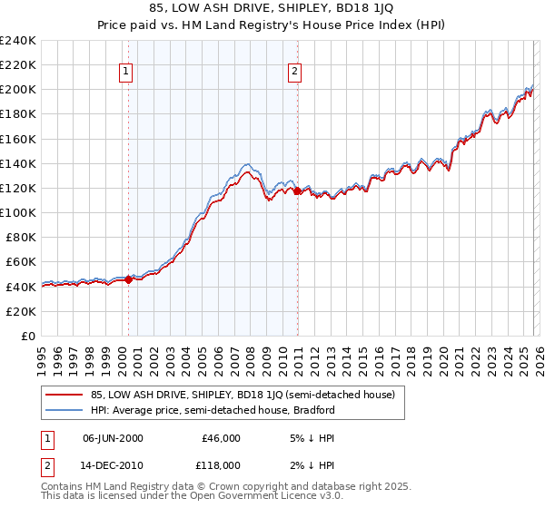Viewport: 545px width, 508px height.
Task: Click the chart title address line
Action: pos(272,9)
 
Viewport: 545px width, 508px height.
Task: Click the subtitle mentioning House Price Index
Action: pos(272,25)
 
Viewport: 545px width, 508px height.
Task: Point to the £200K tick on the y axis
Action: pos(18,90)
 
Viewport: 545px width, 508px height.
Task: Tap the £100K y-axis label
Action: pos(18,212)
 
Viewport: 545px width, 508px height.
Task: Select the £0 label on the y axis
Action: pos(29,336)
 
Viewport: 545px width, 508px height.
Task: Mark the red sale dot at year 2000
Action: pos(128,279)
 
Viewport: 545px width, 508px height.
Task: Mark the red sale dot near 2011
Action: pos(297,190)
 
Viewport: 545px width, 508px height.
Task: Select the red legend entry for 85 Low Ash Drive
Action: pos(242,396)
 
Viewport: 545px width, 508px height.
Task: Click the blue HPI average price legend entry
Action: pos(213,410)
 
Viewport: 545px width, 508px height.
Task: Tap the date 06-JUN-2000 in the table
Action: pos(113,438)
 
